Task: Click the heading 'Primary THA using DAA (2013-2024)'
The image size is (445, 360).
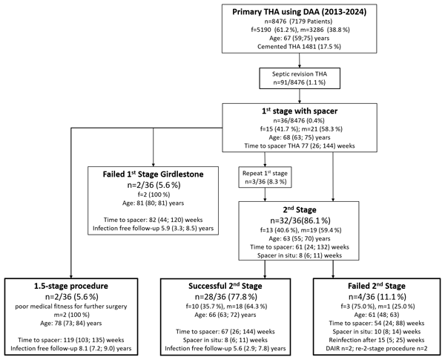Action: pos(300,12)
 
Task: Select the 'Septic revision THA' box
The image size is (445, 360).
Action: pos(300,78)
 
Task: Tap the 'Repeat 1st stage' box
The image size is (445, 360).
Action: pos(265,177)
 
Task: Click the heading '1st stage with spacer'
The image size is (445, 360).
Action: pos(300,111)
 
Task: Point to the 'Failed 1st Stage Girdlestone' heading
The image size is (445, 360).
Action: pos(153,174)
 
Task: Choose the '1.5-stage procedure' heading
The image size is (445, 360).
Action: pos(71,286)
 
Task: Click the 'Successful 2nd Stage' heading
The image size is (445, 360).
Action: pos(225,286)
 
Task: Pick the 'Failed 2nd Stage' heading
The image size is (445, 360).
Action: pos(377,286)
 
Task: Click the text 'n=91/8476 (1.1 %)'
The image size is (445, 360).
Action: pos(300,82)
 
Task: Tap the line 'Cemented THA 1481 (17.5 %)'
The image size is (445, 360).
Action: pos(299,47)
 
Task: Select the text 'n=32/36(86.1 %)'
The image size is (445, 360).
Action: pos(299,220)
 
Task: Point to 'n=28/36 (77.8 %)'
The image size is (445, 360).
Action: pos(226,297)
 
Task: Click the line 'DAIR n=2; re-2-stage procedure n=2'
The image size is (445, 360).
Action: pos(377,348)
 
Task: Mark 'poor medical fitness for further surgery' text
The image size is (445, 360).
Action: pos(71,307)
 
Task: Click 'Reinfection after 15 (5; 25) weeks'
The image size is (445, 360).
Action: pos(377,340)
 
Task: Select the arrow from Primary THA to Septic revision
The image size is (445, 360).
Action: pos(300,61)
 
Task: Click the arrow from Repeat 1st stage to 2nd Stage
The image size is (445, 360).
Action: pos(265,194)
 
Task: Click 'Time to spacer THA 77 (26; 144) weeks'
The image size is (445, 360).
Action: pos(300,145)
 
